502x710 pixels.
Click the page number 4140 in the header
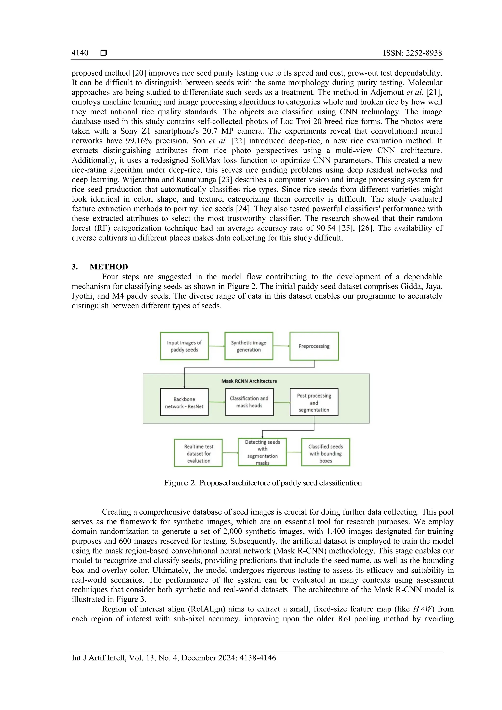pos(80,53)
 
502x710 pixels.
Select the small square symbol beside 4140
pos(104,53)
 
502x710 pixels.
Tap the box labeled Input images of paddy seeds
pos(184,346)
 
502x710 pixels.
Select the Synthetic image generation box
pos(249,346)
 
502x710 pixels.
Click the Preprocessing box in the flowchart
pos(314,346)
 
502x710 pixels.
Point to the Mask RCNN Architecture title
pos(249,381)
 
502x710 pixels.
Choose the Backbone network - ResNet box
pos(184,402)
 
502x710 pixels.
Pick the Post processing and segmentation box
pos(314,402)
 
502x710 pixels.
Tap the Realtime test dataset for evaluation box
pos(199,453)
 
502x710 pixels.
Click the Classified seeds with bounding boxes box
pos(326,453)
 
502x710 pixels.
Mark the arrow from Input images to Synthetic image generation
pos(216,346)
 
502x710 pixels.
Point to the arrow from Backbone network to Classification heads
pos(217,402)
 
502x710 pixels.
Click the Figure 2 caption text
pos(263,483)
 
